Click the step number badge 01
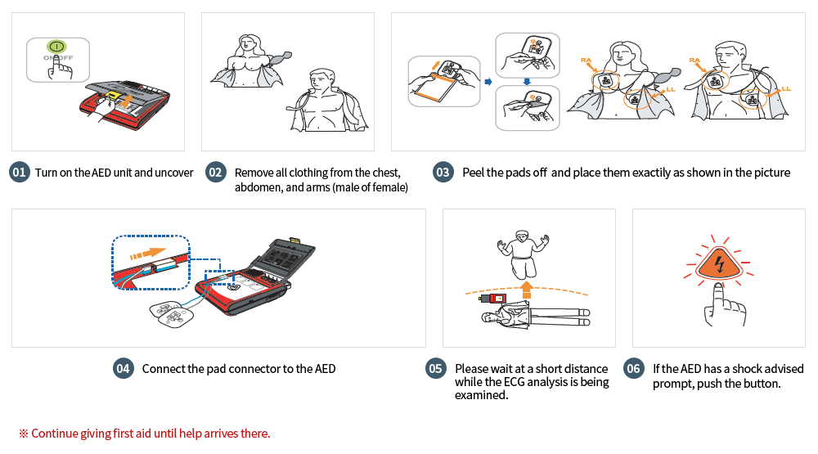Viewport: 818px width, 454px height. (20, 173)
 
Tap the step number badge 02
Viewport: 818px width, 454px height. (215, 173)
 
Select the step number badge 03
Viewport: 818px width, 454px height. (443, 173)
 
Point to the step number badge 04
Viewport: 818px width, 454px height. (123, 368)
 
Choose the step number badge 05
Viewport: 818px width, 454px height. (436, 368)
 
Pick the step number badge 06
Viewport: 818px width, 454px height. (633, 368)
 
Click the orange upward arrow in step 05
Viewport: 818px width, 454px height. (527, 290)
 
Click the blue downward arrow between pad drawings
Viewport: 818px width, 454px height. (527, 80)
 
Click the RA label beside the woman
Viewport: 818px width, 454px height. (586, 60)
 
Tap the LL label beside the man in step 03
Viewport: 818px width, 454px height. (786, 88)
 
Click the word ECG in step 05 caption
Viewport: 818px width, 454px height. (537, 382)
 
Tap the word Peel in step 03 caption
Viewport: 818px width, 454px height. (475, 173)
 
